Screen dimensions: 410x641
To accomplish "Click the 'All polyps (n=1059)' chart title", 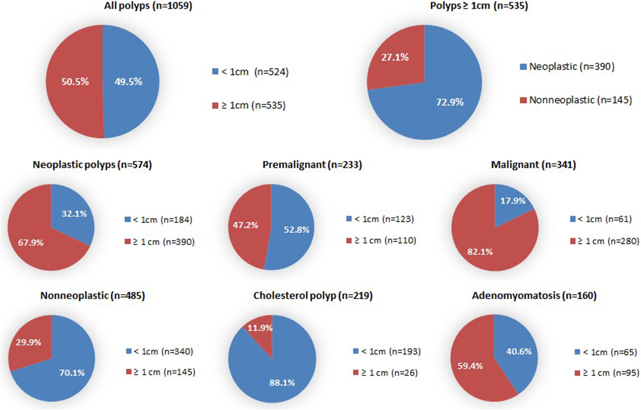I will tap(148, 6).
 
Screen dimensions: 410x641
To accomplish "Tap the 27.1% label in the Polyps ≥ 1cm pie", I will tap(395, 57).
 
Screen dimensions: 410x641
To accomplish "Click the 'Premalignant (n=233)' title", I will tap(312, 165).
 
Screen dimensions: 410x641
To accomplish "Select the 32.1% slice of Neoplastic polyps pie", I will tap(73, 214).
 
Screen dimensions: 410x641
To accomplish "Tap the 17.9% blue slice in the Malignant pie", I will tap(512, 201).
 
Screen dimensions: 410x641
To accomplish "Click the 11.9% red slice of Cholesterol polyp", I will tap(260, 328).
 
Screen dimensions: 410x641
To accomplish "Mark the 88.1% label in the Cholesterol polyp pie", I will tap(282, 383).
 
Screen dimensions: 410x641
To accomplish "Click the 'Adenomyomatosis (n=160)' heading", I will tap(534, 296).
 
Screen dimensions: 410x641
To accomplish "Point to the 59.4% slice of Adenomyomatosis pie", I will tap(470, 366).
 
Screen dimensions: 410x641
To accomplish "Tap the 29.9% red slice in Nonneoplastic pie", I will tap(28, 342).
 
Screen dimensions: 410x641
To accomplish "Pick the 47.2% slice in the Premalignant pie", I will tap(245, 226).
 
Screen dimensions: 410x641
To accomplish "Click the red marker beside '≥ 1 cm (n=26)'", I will tap(356, 373).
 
